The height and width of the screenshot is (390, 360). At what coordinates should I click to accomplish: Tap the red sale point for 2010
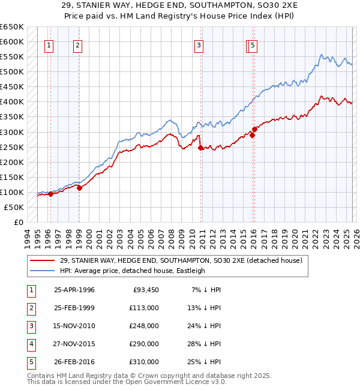200,148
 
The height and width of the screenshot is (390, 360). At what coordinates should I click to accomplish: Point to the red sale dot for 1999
79,188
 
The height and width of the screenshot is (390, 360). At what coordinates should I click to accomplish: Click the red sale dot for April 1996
50,194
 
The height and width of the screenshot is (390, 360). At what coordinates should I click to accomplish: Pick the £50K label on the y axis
14,207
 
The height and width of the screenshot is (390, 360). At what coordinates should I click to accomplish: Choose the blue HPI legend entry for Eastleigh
132,271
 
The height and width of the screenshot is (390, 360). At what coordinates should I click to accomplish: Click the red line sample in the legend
43,260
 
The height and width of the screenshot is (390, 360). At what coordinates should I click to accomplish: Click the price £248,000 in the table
144,326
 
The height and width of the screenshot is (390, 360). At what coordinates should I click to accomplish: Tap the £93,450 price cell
144,290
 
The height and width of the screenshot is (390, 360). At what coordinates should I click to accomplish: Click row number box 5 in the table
29,362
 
